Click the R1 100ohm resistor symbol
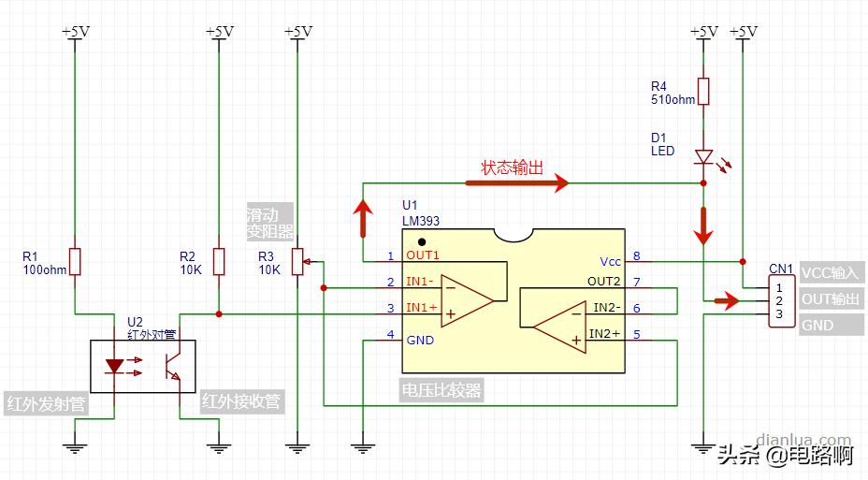(x=76, y=262)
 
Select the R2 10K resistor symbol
(x=219, y=262)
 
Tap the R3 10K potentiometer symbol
(x=297, y=262)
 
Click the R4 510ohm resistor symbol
(x=702, y=91)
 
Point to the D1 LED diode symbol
(x=702, y=158)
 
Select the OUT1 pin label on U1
(x=422, y=255)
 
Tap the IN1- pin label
(x=419, y=282)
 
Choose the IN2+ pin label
(x=605, y=333)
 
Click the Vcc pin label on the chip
(x=610, y=261)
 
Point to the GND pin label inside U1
(x=420, y=340)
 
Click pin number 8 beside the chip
(x=636, y=255)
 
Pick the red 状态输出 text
(x=512, y=168)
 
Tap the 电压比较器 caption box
(x=441, y=390)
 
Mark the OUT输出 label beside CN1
(x=831, y=299)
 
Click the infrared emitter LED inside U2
(x=114, y=366)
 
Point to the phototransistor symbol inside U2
(x=174, y=365)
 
